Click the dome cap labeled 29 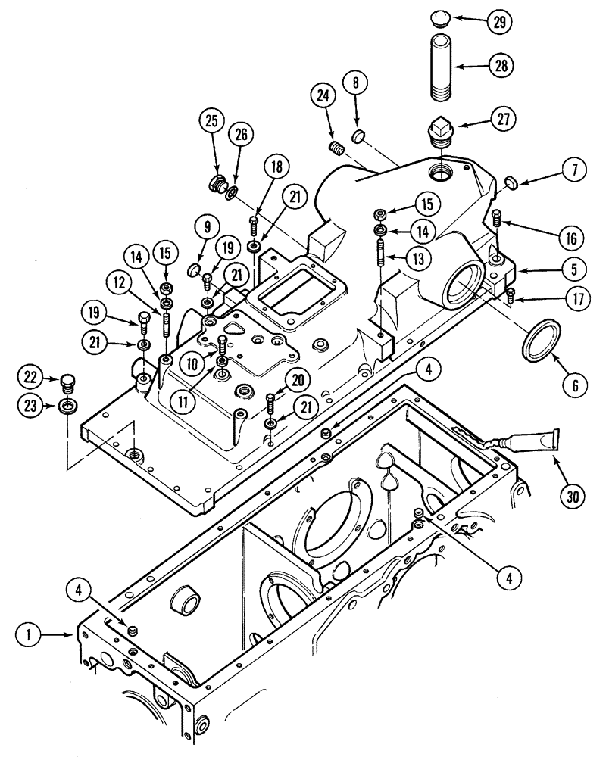click(x=442, y=17)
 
